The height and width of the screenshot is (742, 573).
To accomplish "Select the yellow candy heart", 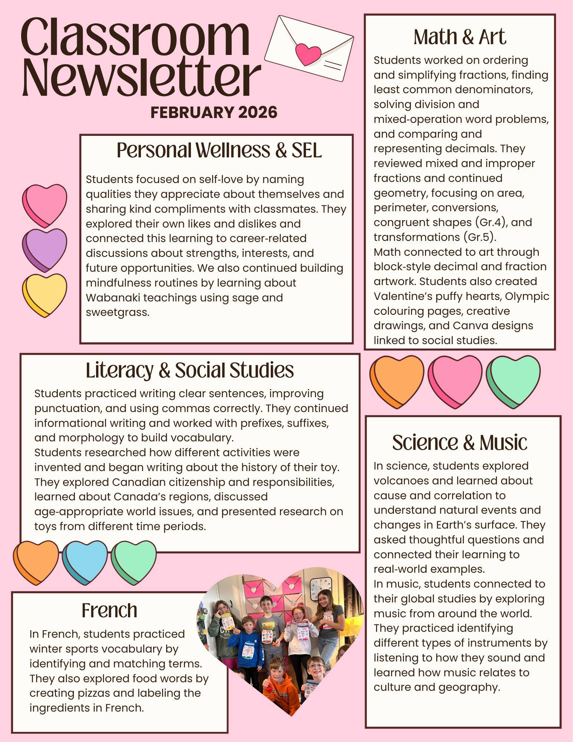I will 45,294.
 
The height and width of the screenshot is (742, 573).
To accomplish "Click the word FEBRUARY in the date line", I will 192,112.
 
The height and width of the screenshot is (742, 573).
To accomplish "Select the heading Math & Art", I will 460,37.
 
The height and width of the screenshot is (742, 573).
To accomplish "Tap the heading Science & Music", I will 460,443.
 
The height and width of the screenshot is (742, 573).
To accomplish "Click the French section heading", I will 109,611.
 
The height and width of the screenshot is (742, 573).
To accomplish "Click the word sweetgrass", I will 118,313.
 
